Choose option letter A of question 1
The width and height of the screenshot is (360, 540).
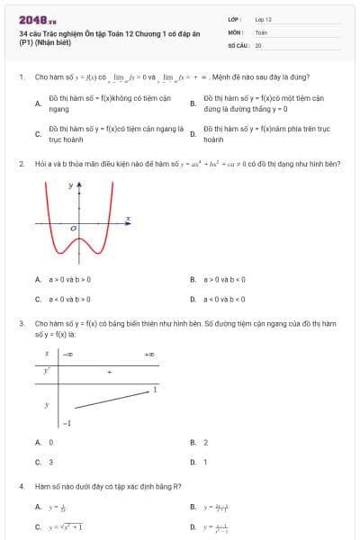[x=38, y=103]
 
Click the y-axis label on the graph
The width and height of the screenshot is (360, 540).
[x=70, y=185]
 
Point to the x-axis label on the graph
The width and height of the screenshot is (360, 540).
[x=128, y=219]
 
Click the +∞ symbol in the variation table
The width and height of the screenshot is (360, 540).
[x=148, y=355]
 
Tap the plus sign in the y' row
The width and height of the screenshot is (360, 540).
[x=110, y=371]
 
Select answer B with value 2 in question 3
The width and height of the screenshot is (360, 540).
[x=205, y=442]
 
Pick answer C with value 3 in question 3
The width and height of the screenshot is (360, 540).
[x=50, y=462]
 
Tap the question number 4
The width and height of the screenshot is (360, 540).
[x=21, y=487]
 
